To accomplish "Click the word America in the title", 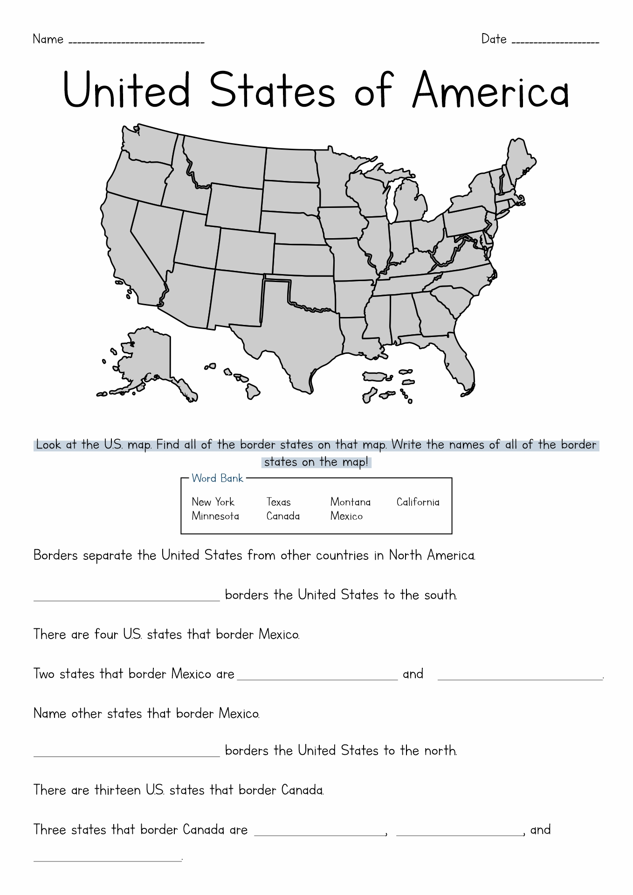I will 490,90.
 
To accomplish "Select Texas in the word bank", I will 278,502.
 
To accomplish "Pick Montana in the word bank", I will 350,502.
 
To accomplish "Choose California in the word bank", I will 418,502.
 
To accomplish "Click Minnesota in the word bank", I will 215,516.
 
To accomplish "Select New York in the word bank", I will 213,502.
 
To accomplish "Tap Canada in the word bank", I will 283,516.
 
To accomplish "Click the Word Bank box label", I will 218,478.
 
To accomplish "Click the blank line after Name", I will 136,42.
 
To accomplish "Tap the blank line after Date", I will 555,42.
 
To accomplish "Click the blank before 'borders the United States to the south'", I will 126,599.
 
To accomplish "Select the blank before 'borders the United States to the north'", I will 126,755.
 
